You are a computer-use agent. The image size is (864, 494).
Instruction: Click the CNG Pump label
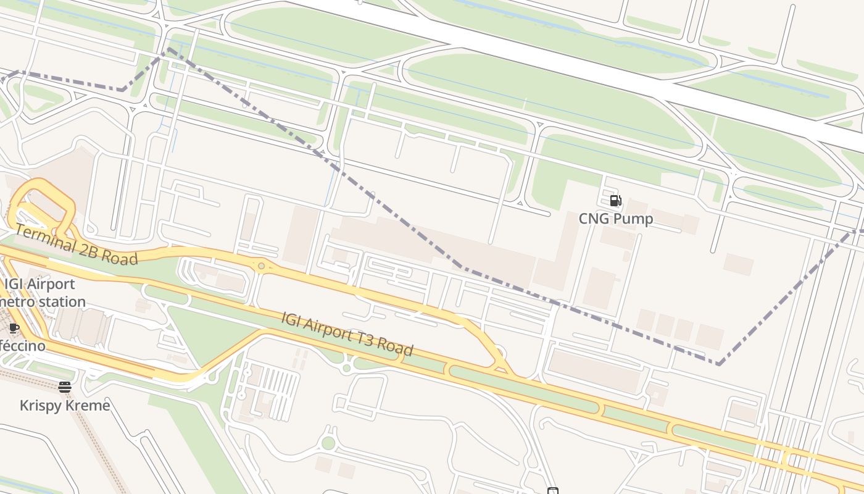click(615, 219)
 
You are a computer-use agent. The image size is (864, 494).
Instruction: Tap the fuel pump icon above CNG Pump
click(615, 200)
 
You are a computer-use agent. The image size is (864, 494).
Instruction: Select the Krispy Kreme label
click(65, 406)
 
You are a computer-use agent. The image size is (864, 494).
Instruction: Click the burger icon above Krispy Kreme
click(65, 387)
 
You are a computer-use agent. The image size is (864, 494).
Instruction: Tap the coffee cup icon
click(14, 328)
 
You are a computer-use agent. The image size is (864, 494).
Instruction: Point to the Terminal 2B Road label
click(76, 245)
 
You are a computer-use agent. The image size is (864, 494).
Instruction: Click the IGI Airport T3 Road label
click(347, 334)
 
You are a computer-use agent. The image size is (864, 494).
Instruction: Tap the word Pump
click(633, 219)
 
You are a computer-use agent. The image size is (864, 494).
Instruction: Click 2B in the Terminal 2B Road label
click(86, 248)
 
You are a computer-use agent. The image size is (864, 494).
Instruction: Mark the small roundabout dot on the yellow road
click(262, 266)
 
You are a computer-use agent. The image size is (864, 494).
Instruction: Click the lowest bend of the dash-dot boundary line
click(718, 364)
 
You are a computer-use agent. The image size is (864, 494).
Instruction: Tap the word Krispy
click(41, 406)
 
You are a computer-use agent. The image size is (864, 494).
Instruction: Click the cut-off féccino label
click(22, 346)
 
